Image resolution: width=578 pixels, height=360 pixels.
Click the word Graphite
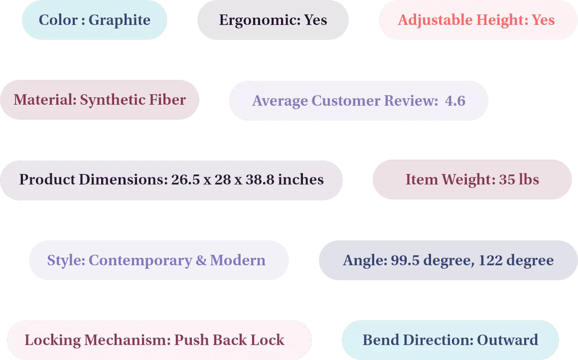[120, 20]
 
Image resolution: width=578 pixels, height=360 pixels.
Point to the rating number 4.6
[455, 101]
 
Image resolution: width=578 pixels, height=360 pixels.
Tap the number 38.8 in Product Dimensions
[260, 180]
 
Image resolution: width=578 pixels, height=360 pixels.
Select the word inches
[301, 180]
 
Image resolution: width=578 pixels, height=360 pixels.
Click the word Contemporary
[141, 261]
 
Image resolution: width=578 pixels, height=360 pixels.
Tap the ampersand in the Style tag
[201, 260]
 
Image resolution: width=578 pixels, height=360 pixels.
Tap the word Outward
[508, 340]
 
